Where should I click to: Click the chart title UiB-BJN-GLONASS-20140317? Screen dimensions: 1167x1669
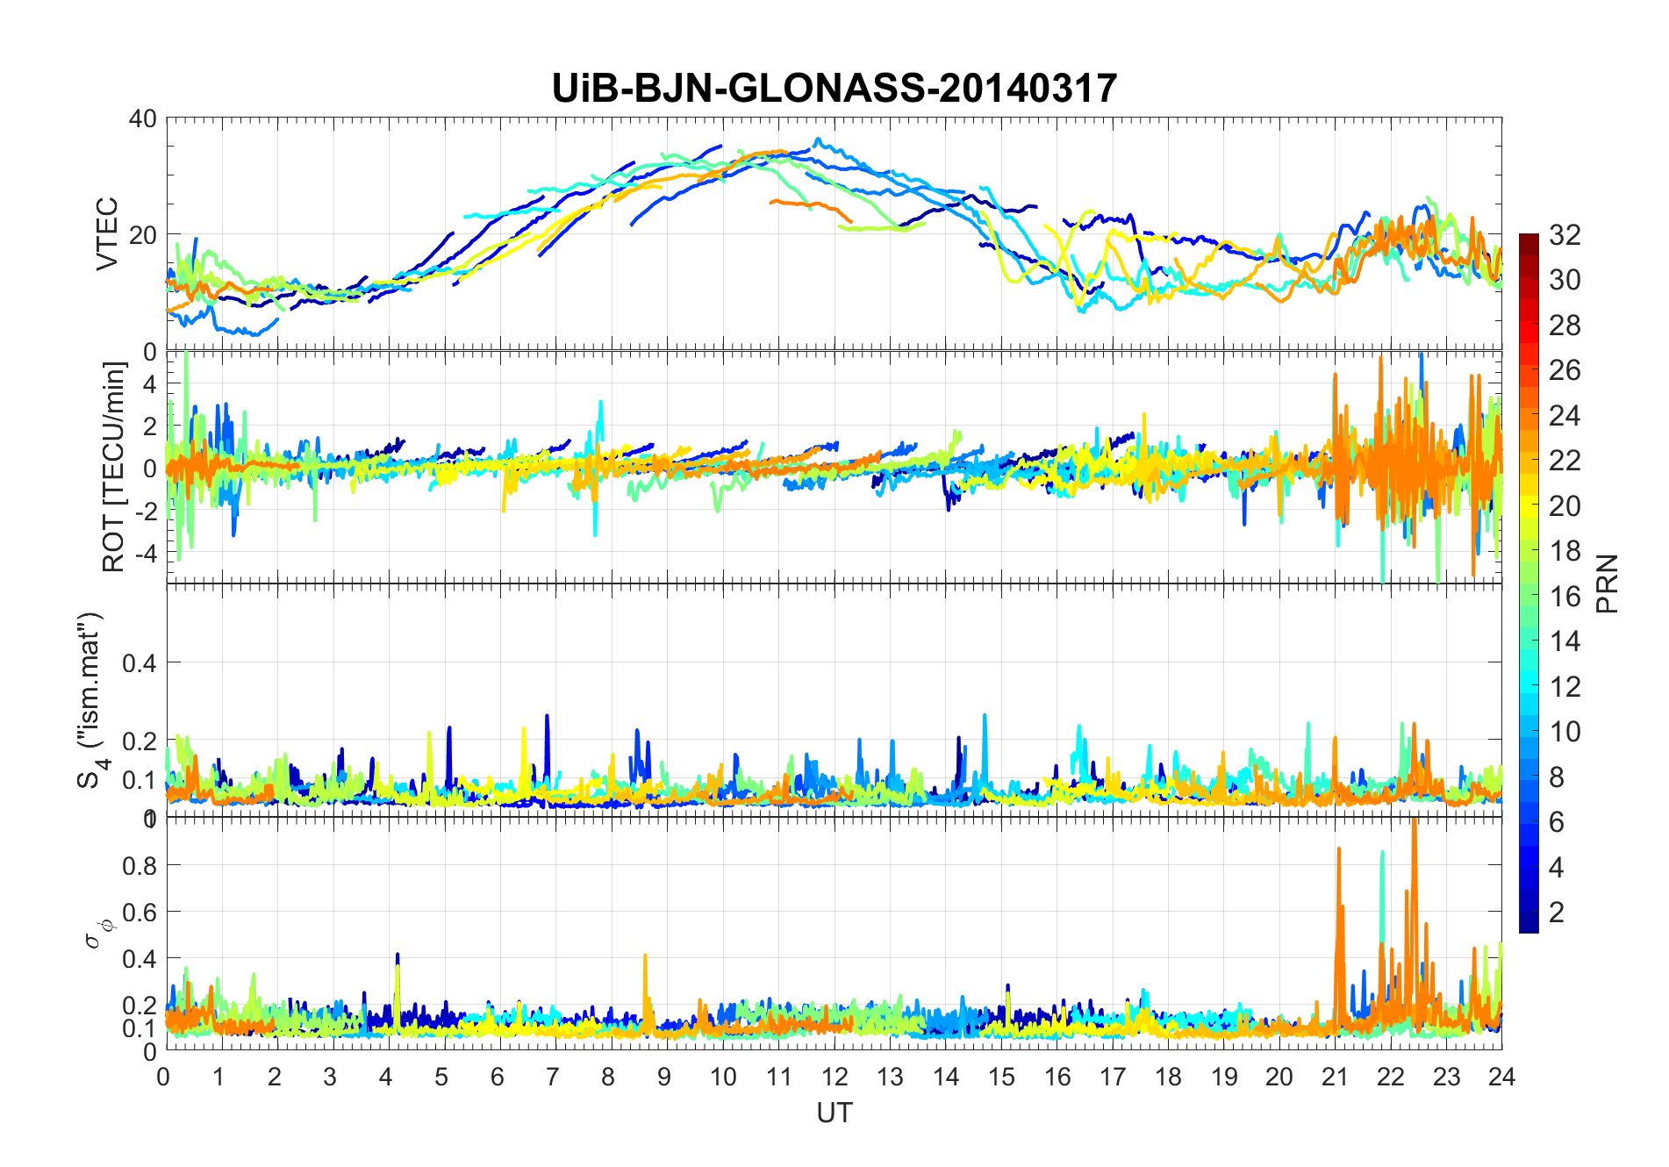pyautogui.click(x=834, y=89)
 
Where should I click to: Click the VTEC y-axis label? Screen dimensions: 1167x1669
pyautogui.click(x=107, y=234)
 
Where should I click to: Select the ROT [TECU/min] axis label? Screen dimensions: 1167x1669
pyautogui.click(x=113, y=467)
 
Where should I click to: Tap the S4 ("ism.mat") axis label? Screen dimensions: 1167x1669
pyautogui.click(x=89, y=699)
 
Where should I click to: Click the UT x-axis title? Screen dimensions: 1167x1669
pyautogui.click(x=834, y=1113)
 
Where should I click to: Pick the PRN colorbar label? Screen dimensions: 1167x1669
pyautogui.click(x=1607, y=583)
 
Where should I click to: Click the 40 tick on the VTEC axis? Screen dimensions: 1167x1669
pyautogui.click(x=142, y=119)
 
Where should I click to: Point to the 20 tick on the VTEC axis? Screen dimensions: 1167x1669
pyautogui.click(x=142, y=235)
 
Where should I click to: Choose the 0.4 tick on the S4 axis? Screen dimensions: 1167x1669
pyautogui.click(x=139, y=662)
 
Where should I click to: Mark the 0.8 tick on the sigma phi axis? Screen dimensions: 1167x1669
pyautogui.click(x=139, y=865)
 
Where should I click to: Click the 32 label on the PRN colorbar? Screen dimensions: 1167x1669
pyautogui.click(x=1565, y=235)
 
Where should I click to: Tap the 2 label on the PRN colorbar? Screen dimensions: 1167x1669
pyautogui.click(x=1557, y=913)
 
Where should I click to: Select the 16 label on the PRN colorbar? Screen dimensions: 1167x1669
pyautogui.click(x=1565, y=597)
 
